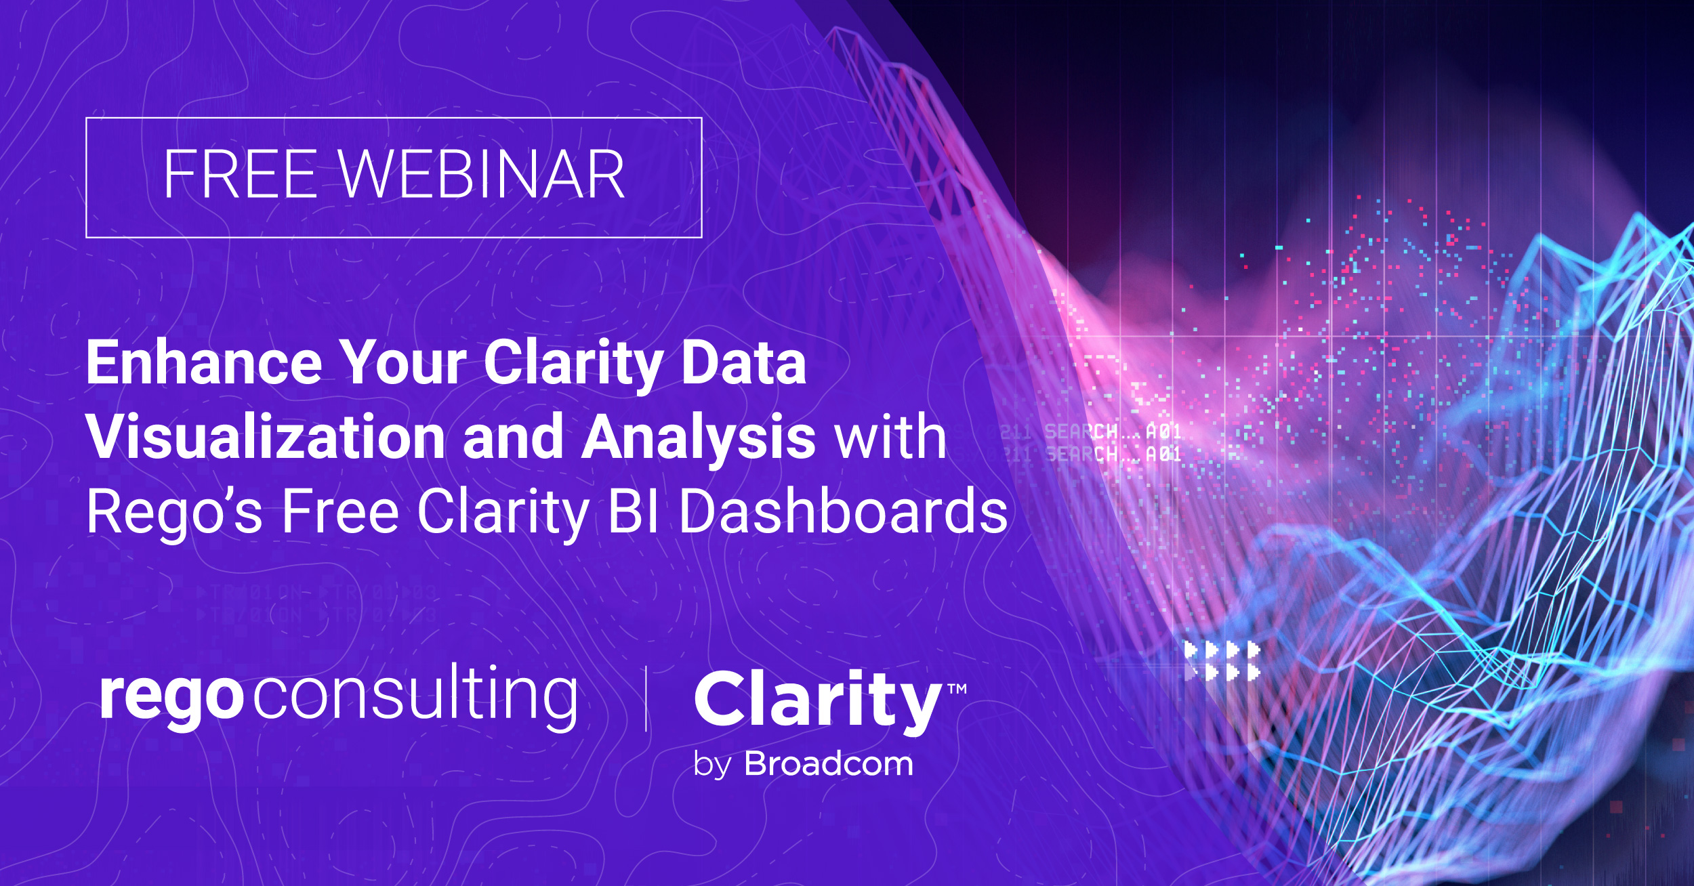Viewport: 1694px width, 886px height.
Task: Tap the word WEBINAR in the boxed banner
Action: point(481,175)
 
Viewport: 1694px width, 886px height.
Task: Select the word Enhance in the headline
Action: point(203,363)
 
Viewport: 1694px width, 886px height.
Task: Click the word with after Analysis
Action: point(890,437)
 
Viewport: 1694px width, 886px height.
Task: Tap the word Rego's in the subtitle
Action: point(174,512)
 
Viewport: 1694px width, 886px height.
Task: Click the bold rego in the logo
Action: point(171,698)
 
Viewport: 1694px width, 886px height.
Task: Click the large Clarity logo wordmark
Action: point(817,702)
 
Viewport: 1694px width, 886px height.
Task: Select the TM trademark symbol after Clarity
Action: point(957,689)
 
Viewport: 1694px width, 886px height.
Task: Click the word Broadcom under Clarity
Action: point(829,764)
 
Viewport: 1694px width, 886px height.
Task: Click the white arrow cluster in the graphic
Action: point(1222,661)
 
